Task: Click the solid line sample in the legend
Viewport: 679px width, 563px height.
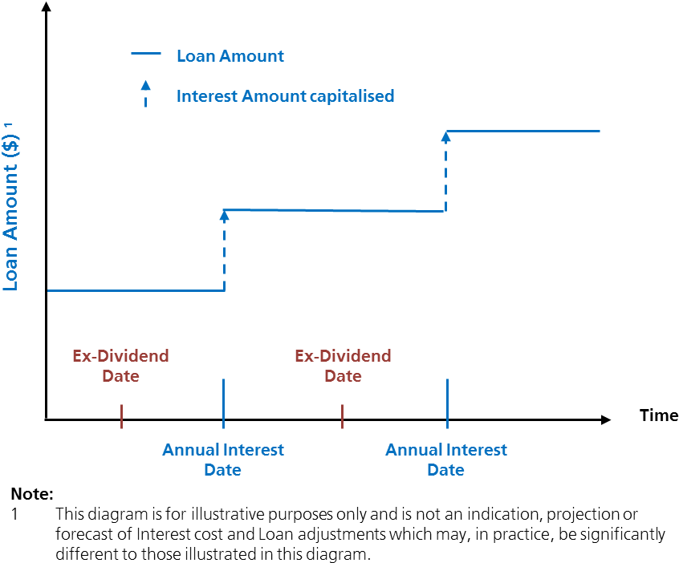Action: tap(145, 55)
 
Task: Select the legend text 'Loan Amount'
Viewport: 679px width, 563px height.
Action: tap(230, 56)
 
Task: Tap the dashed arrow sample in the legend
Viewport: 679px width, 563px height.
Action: tap(145, 94)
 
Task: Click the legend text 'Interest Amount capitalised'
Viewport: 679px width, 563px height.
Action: tap(285, 96)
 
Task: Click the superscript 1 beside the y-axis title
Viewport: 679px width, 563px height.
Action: tap(10, 126)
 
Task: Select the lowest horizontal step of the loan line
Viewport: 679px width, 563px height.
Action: tap(136, 290)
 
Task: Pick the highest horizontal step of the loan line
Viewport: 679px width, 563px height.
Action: tap(522, 131)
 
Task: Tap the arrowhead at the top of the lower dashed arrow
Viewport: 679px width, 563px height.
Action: tap(225, 215)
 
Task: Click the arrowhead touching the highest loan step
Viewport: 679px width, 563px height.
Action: tap(446, 136)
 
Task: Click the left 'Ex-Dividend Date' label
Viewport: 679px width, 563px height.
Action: tap(120, 366)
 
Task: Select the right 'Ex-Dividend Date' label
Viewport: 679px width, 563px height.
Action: tap(343, 366)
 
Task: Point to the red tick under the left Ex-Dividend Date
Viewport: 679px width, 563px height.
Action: tap(121, 416)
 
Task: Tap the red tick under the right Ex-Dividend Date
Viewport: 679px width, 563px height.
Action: tap(343, 416)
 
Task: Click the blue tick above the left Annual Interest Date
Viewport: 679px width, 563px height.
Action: tap(223, 403)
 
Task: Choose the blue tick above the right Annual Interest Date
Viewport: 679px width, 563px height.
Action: tap(446, 403)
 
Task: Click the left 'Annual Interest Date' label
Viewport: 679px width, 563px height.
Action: tap(222, 460)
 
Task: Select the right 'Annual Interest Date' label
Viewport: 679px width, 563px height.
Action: tap(445, 460)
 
